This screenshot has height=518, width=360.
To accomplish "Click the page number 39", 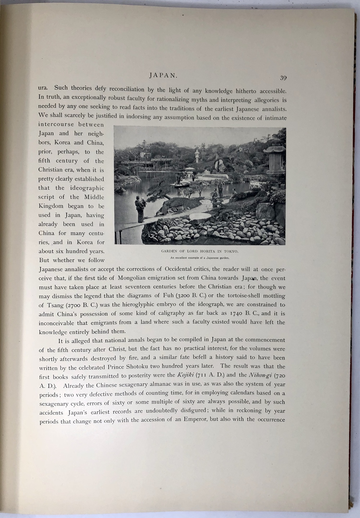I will [x=282, y=78].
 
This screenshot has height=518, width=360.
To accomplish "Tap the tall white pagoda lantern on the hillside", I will [x=197, y=156].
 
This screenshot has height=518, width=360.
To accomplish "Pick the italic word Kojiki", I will [x=186, y=375].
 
